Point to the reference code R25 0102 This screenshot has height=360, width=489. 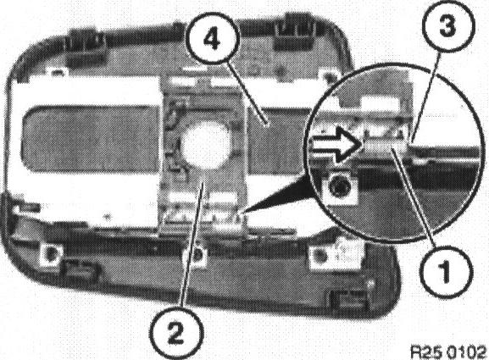pos(448,352)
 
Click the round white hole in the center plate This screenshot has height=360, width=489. pos(206,145)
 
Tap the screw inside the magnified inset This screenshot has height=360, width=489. pos(339,188)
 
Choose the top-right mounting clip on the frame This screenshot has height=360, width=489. pos(295,33)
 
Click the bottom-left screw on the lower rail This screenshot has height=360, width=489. pos(50,252)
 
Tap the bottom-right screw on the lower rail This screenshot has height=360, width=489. pos(319,257)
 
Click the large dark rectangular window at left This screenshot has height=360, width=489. pos(91,139)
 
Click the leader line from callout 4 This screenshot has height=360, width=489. pos(247,94)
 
